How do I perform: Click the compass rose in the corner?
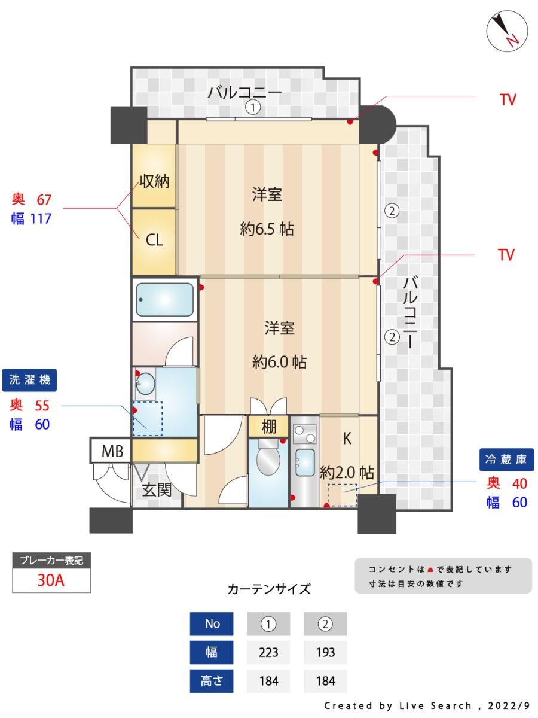pos(507,31)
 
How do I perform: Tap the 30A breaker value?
pos(51,580)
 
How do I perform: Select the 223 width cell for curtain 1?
pos(268,652)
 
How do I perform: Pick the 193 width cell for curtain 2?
pos(325,652)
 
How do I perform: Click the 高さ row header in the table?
pos(212,681)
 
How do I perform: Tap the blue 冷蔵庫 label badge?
pos(506,460)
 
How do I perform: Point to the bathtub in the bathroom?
pos(164,299)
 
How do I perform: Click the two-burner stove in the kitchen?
pos(305,433)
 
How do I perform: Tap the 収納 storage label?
pos(154,181)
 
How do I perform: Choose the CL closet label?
pos(154,241)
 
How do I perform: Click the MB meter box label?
pos(112,451)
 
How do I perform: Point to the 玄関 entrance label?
pos(157,491)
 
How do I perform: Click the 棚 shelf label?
pos(268,427)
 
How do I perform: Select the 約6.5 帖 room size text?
pos(267,229)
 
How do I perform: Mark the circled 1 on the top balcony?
pos(253,108)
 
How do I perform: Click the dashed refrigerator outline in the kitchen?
pos(342,495)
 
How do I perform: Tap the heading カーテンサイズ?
pos(269,589)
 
